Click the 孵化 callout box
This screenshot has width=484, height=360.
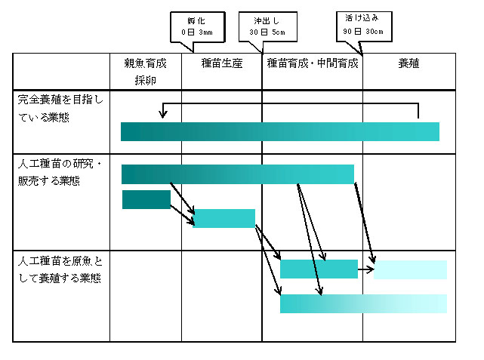198,27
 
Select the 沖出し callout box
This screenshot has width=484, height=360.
267,27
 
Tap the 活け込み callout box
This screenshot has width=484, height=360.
364,26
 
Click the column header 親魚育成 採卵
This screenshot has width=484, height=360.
146,72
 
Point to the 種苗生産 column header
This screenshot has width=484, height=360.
222,63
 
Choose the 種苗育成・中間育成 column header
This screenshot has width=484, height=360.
313,63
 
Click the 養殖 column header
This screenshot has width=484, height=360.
408,63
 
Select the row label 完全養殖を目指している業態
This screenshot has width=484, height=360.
60,108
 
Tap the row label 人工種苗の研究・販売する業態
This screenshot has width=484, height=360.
60,172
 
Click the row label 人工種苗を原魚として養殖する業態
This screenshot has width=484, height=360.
60,269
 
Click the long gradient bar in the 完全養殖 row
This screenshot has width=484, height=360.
280,132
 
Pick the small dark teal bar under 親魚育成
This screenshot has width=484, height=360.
146,199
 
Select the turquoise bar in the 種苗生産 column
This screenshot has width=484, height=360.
224,218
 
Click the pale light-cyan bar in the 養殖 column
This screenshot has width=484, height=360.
410,269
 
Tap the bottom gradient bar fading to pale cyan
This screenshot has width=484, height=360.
364,304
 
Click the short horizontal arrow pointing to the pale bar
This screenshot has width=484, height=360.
366,269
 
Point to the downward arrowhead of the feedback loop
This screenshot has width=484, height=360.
163,115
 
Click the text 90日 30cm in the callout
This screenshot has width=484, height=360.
363,32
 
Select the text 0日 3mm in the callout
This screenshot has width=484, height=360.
197,32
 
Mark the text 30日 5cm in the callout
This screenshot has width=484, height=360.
267,32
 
